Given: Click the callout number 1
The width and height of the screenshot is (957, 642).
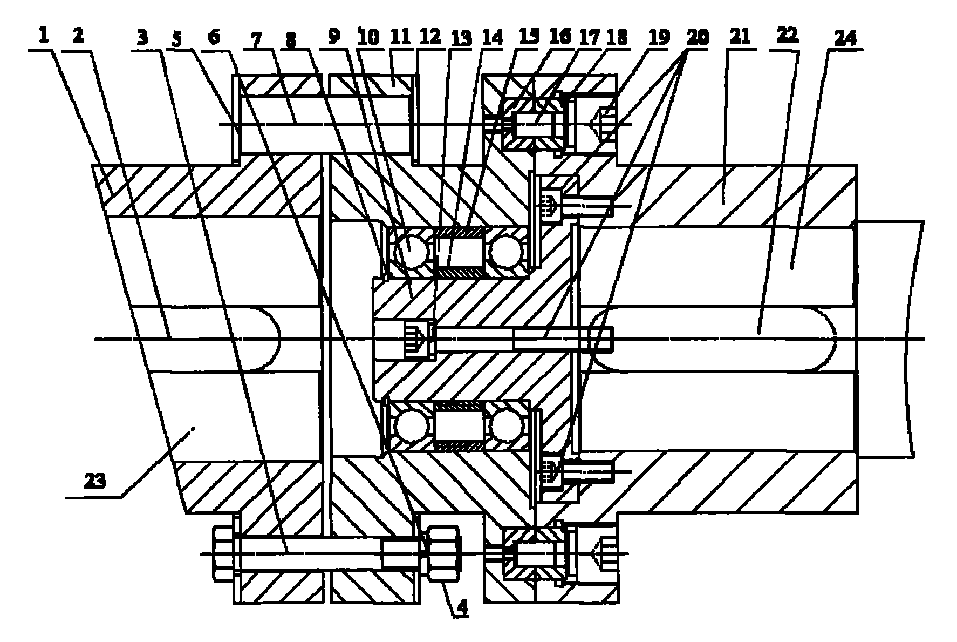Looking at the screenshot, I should pyautogui.click(x=43, y=36).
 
